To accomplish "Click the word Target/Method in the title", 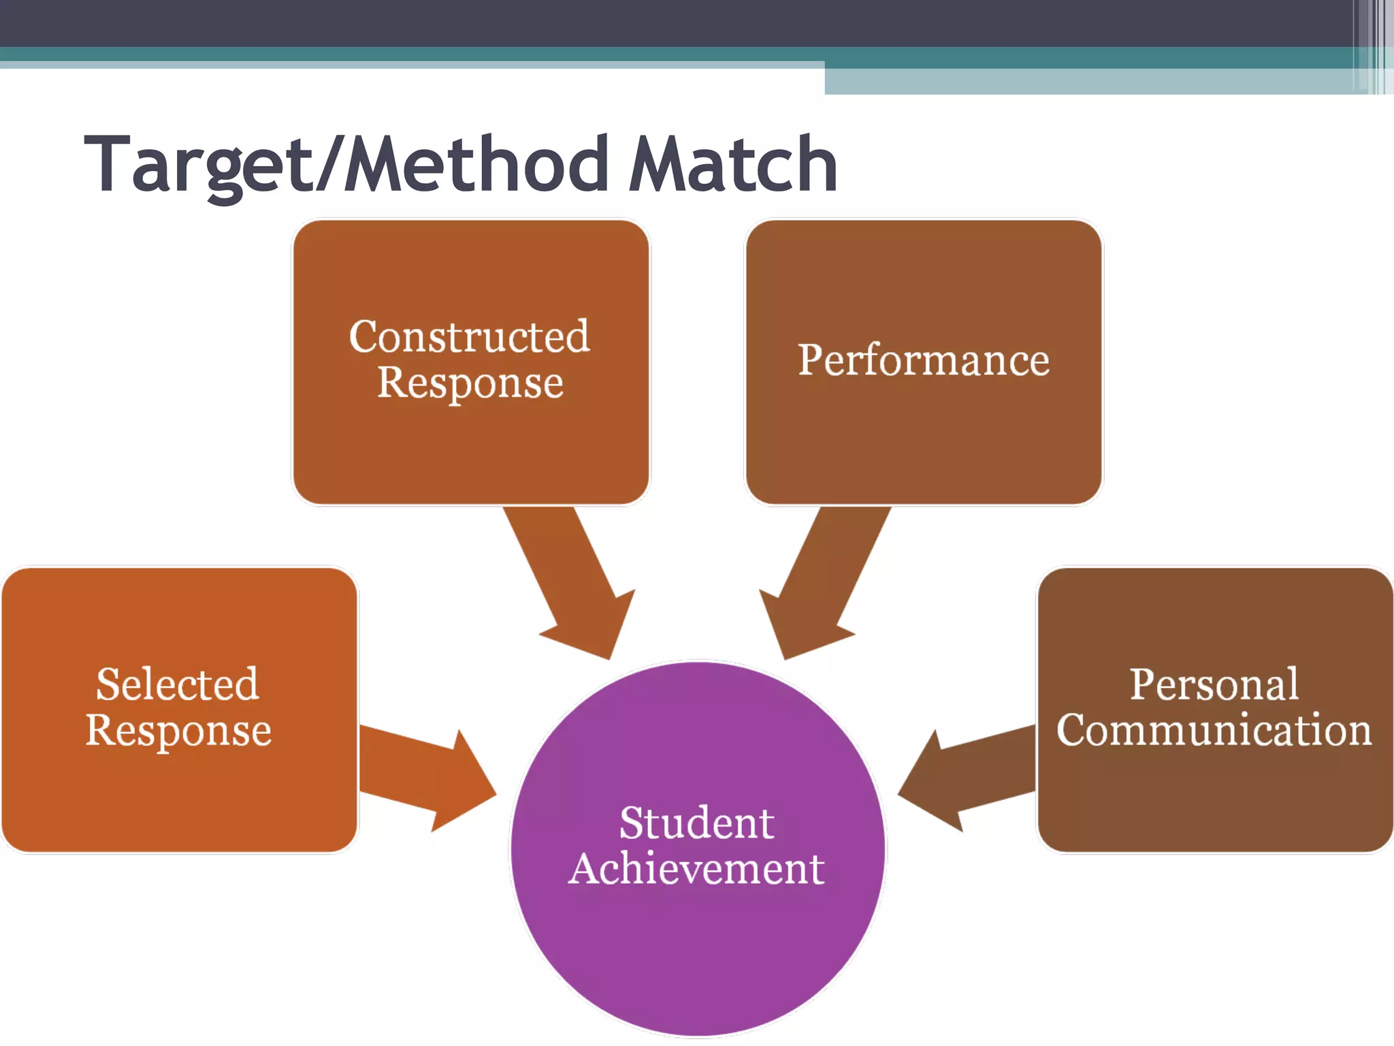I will point(346,165).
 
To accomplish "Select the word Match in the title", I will point(732,165).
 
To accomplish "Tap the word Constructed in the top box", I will point(470,336).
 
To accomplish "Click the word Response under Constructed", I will point(470,383).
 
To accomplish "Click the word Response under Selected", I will point(178,731).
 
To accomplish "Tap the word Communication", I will point(1214,730).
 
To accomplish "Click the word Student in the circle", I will point(697,823).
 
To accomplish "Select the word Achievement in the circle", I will point(697,869).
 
